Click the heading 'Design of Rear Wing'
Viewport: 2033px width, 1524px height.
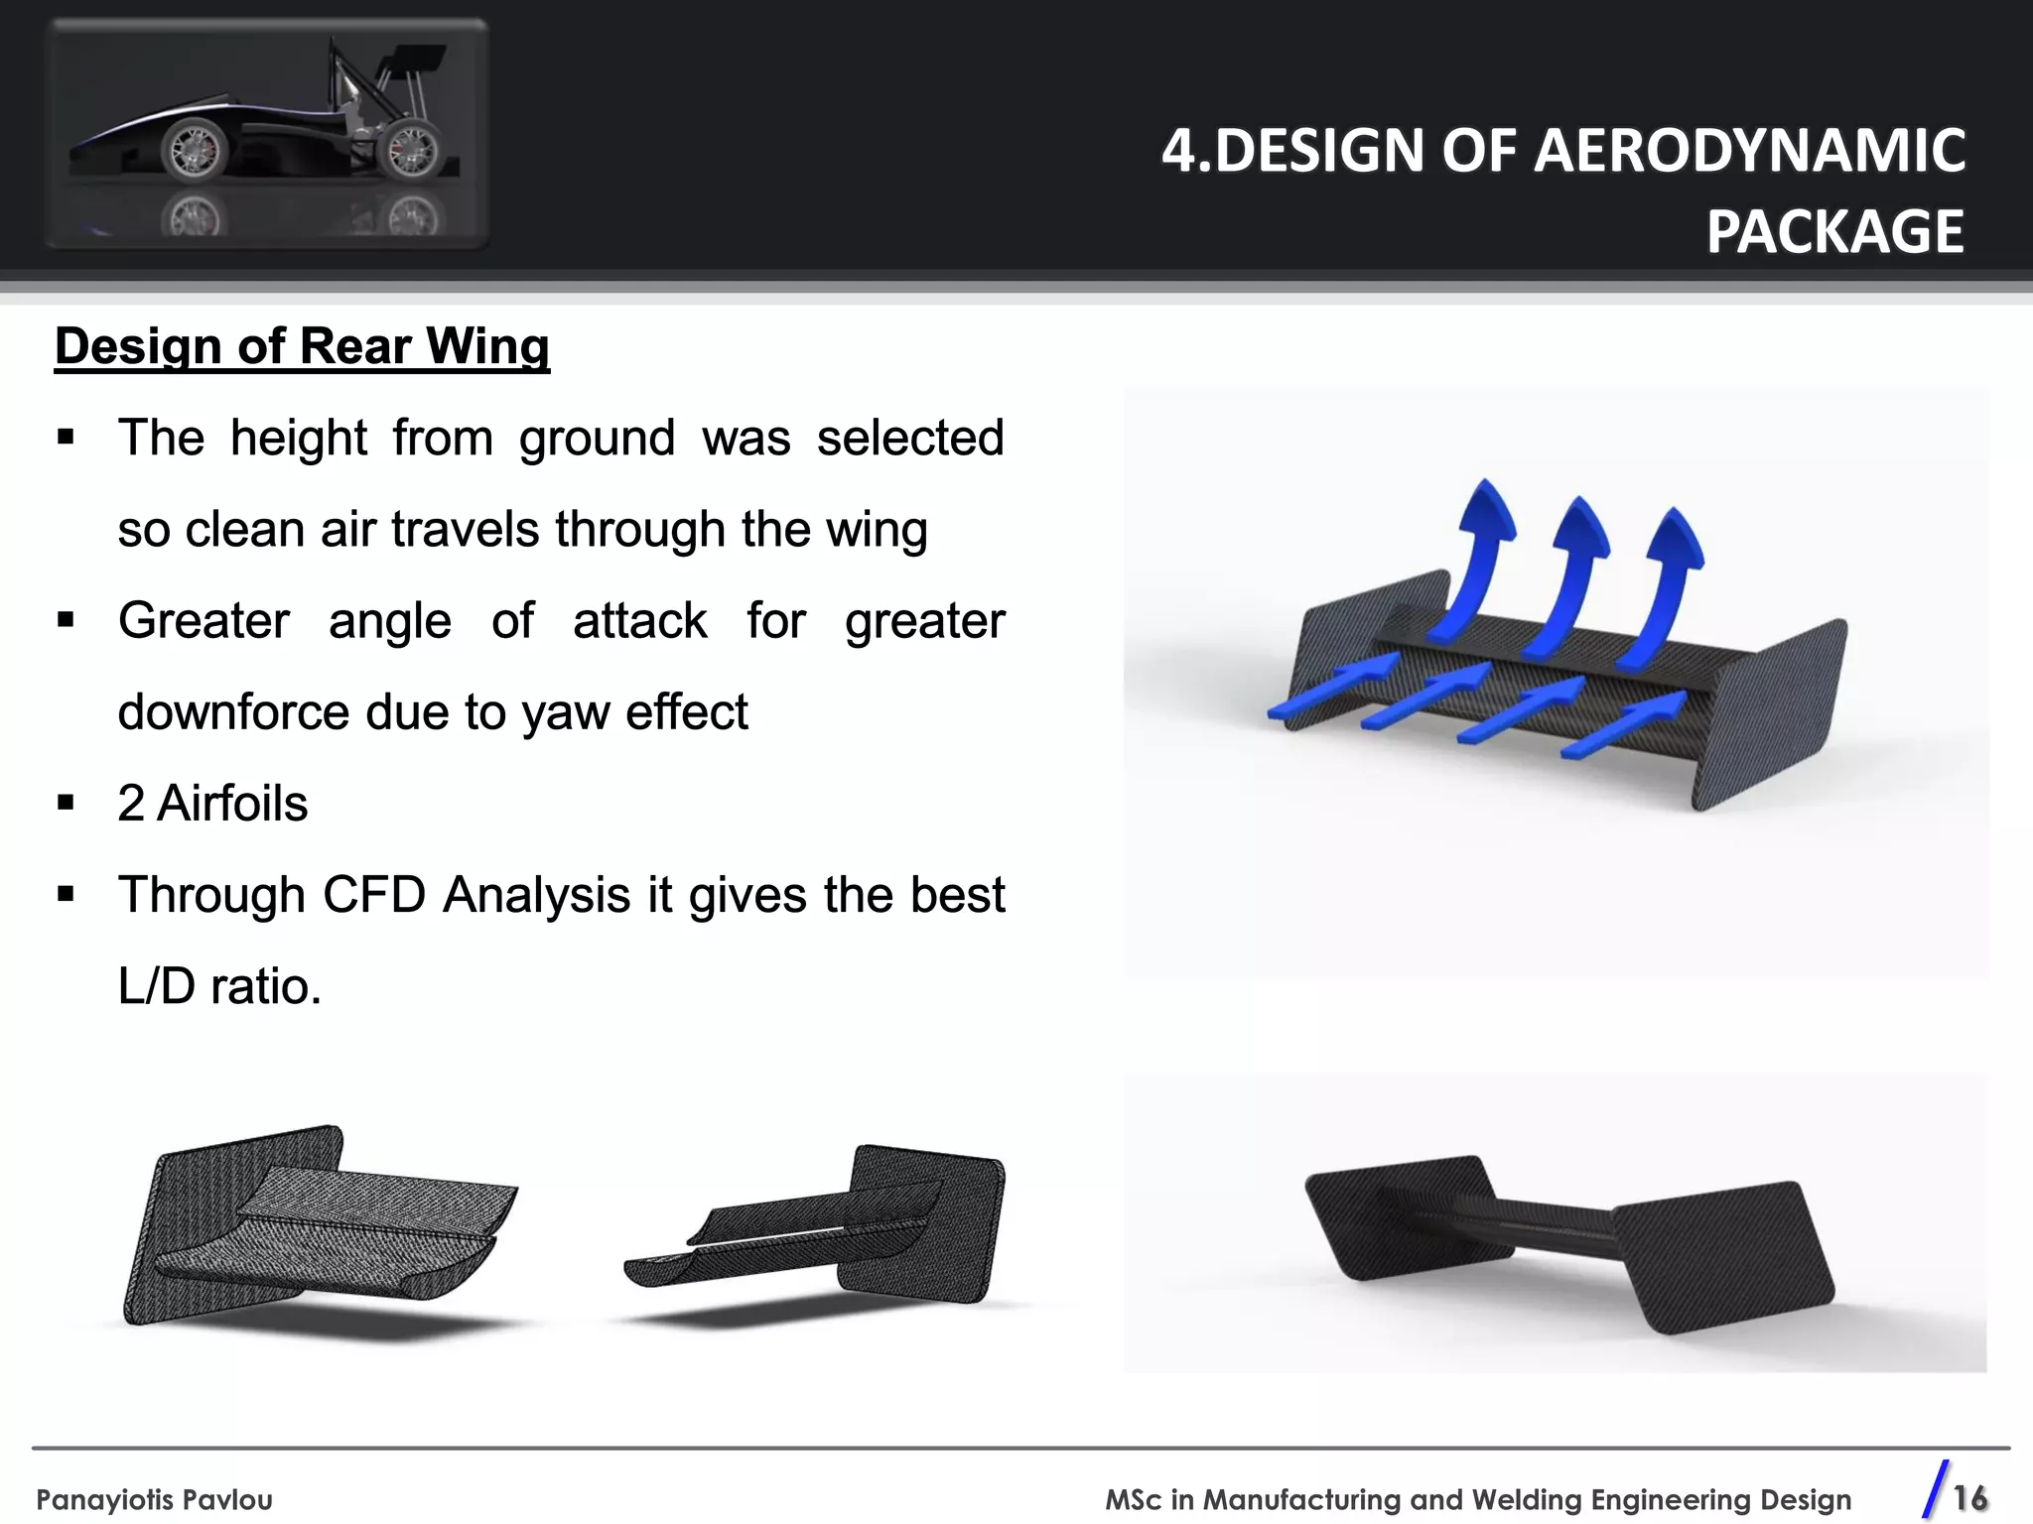(302, 347)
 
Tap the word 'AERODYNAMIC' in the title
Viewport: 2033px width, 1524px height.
(1752, 151)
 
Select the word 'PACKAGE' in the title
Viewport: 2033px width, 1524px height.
(1834, 232)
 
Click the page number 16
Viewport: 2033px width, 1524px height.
(1969, 1497)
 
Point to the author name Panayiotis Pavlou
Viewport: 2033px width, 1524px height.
(154, 1499)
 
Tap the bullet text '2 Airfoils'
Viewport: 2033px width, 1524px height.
(212, 803)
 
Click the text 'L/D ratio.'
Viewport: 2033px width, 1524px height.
(219, 986)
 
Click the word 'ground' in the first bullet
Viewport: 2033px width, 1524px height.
(597, 439)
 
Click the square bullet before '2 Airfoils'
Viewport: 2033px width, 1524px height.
(67, 803)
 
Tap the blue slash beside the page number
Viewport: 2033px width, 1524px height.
(1935, 1489)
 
